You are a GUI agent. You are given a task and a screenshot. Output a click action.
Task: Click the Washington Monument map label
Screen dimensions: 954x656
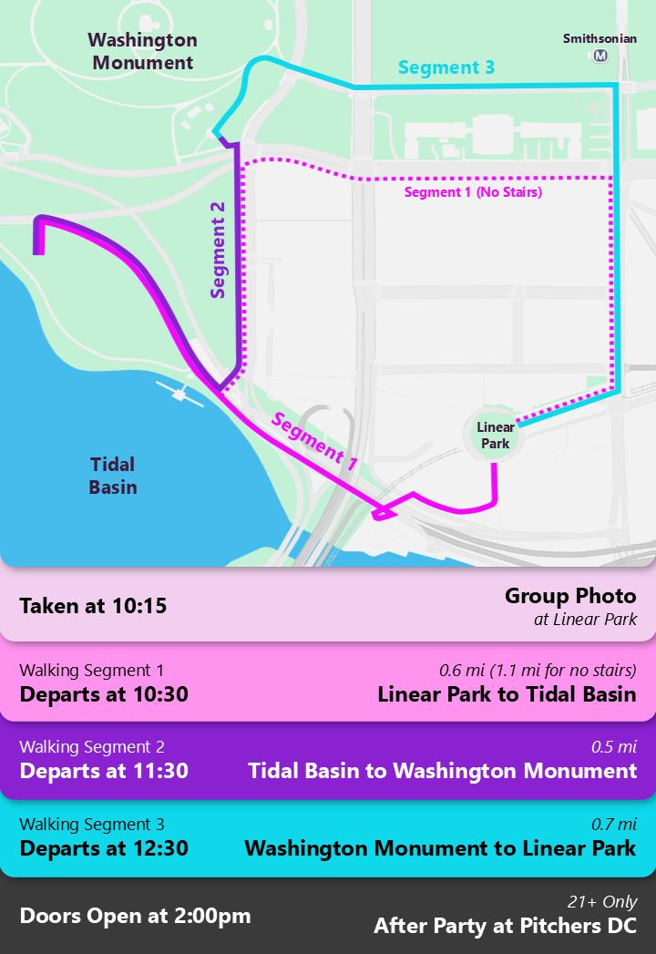pyautogui.click(x=143, y=52)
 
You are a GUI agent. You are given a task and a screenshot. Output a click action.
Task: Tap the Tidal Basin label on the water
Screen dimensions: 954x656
pyautogui.click(x=113, y=475)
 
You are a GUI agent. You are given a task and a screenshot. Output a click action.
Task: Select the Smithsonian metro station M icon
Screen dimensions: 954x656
pyautogui.click(x=600, y=56)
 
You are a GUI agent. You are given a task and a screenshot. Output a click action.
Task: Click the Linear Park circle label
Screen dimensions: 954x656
pyautogui.click(x=496, y=435)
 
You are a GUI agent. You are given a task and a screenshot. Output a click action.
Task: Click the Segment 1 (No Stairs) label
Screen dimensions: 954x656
pyautogui.click(x=473, y=192)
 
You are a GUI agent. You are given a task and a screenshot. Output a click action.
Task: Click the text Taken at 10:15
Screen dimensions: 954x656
pyautogui.click(x=93, y=605)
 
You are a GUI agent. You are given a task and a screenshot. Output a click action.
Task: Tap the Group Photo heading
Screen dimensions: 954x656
pyautogui.click(x=570, y=596)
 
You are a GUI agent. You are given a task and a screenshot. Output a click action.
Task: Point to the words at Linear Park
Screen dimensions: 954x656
pyautogui.click(x=585, y=620)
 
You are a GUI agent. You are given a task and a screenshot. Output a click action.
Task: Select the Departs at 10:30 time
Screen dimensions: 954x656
pyautogui.click(x=104, y=694)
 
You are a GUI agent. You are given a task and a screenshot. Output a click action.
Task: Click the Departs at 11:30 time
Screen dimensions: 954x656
pyautogui.click(x=104, y=771)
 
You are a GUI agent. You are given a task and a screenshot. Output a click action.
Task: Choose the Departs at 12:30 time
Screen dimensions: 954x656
pyautogui.click(x=104, y=848)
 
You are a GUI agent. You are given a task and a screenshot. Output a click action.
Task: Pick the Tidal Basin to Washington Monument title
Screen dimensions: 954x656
pyautogui.click(x=442, y=771)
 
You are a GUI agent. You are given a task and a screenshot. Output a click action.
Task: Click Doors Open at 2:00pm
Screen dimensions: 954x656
pyautogui.click(x=135, y=916)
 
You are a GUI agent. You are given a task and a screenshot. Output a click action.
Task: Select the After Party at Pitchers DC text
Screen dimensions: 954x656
pyautogui.click(x=505, y=927)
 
